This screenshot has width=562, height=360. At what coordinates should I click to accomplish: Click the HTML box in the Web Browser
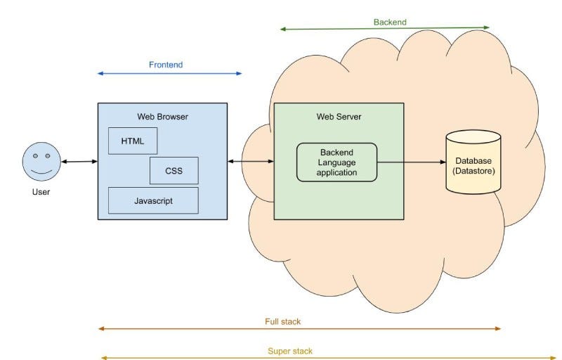pyautogui.click(x=133, y=141)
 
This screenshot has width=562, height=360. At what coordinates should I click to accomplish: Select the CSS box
pyautogui.click(x=174, y=171)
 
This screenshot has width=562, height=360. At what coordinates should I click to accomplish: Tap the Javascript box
pyautogui.click(x=153, y=200)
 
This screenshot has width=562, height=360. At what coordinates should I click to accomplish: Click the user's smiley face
pyautogui.click(x=41, y=161)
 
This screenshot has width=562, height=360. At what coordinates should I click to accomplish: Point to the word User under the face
pyautogui.click(x=41, y=192)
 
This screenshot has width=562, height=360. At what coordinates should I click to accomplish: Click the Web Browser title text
pyautogui.click(x=163, y=117)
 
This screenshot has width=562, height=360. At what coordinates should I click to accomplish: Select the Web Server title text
pyautogui.click(x=339, y=117)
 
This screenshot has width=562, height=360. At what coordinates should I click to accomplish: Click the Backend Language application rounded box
pyautogui.click(x=337, y=162)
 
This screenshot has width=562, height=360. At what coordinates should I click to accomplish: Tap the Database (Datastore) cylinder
pyautogui.click(x=473, y=162)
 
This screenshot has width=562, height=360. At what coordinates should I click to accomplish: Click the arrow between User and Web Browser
pyautogui.click(x=79, y=162)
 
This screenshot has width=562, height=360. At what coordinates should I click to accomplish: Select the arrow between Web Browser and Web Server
pyautogui.click(x=251, y=161)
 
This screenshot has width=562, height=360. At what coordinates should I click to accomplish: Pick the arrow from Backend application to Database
pyautogui.click(x=412, y=162)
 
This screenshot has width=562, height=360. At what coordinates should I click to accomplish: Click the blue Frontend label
pyautogui.click(x=166, y=65)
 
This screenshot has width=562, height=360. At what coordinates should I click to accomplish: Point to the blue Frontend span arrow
pyautogui.click(x=170, y=74)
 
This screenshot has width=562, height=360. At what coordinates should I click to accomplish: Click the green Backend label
pyautogui.click(x=390, y=22)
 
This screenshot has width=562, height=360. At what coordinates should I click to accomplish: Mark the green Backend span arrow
pyautogui.click(x=384, y=28)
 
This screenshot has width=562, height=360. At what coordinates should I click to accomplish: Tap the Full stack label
pyautogui.click(x=283, y=321)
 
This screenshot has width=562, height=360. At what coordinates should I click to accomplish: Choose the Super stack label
pyautogui.click(x=290, y=352)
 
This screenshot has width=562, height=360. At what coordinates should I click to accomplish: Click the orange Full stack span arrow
pyautogui.click(x=299, y=328)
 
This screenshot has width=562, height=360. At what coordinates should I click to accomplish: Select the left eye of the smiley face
pyautogui.click(x=36, y=156)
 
